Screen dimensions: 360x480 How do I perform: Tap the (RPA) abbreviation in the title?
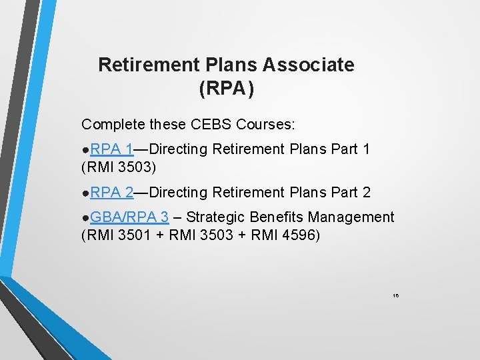(226, 89)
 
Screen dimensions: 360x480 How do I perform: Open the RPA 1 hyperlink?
(112, 149)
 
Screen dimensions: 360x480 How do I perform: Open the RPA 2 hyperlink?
(112, 193)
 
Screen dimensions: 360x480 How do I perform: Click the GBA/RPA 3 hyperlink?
(129, 217)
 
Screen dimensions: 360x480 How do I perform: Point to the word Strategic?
(217, 217)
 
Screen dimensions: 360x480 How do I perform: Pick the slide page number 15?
(395, 294)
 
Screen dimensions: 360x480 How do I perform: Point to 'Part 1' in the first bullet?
(351, 149)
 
